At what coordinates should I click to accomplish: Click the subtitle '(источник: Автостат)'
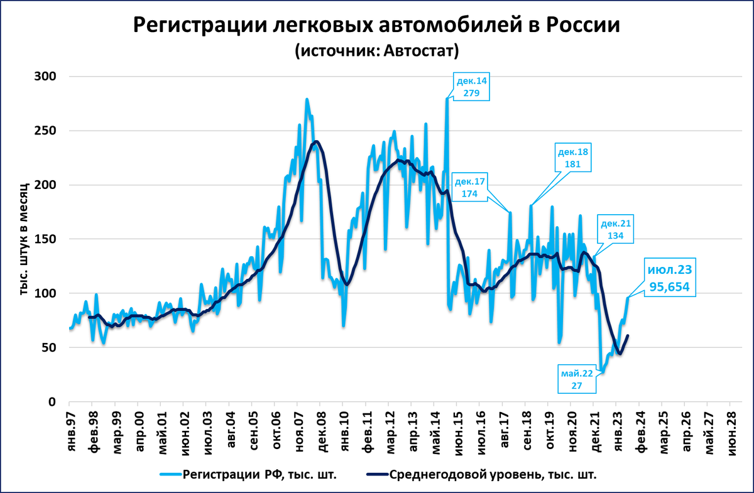pos(377,51)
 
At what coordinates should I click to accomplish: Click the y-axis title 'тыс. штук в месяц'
pos(24,239)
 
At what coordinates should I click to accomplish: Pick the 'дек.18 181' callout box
pos(573,159)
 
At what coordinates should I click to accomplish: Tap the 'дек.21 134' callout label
pos(616,230)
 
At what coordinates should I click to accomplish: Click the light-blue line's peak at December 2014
pos(447,99)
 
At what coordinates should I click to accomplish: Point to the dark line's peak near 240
pos(316,141)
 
